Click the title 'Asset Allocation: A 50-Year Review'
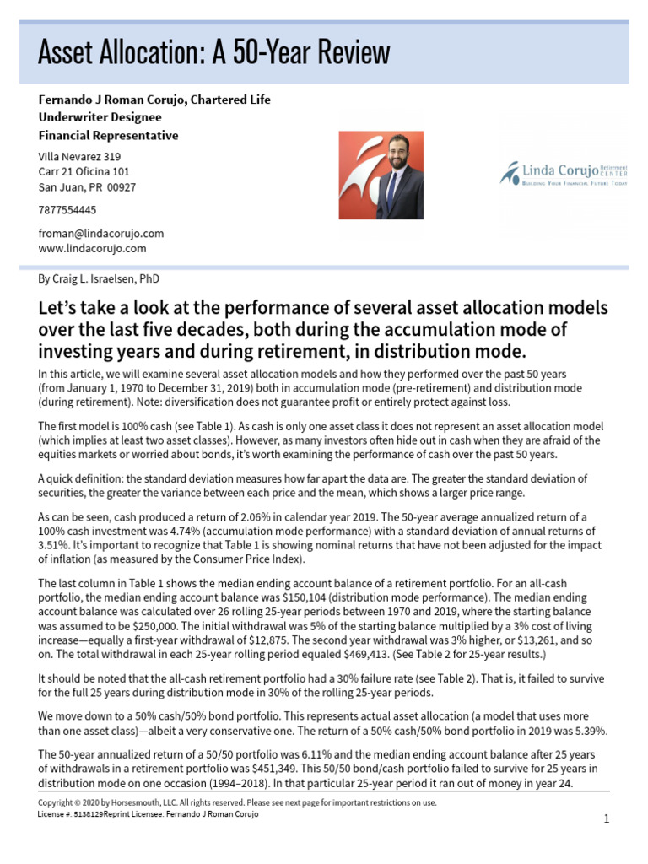(213, 52)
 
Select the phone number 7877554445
(67, 210)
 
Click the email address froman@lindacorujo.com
(100, 233)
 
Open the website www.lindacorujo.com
(92, 248)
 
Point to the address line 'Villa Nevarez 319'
(80, 156)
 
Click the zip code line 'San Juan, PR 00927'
(87, 187)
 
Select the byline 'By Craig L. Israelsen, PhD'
(99, 278)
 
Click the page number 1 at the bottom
(606, 819)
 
